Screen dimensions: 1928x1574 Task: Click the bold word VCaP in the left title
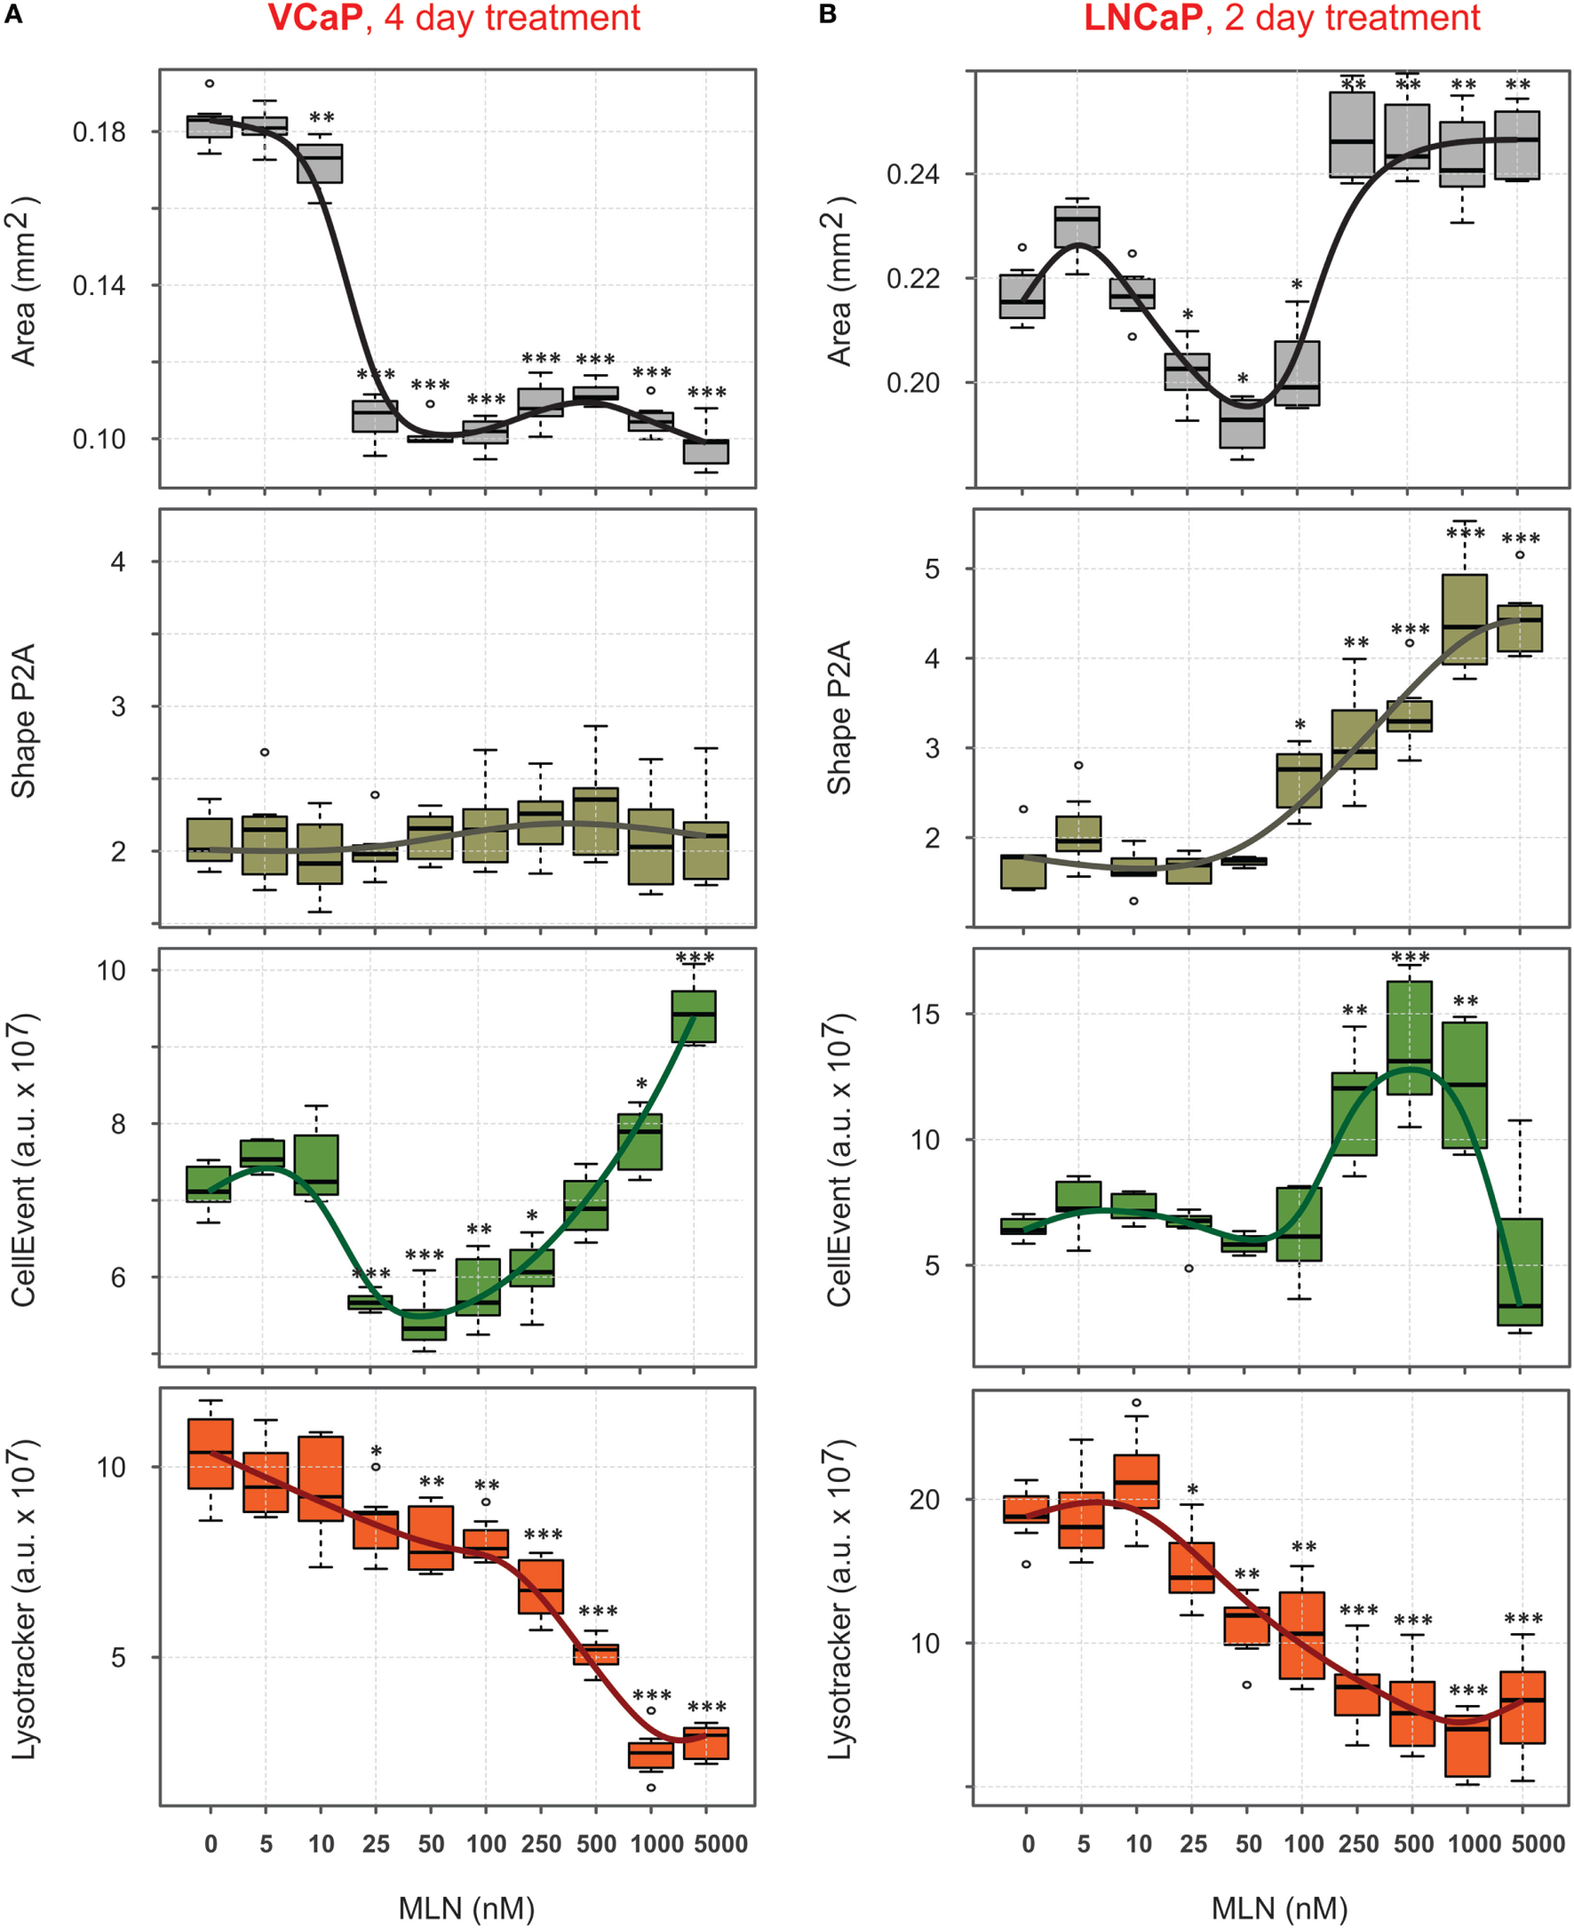314,18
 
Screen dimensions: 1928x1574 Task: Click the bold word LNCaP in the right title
1142,18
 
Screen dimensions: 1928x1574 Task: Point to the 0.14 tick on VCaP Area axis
99,286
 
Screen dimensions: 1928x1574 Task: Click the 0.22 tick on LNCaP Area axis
914,278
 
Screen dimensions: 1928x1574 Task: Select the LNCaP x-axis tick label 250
1357,1844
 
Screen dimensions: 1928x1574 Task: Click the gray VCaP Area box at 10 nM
320,163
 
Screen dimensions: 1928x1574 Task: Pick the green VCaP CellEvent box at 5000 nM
694,1016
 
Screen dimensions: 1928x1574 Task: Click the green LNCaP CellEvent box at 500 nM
1410,1038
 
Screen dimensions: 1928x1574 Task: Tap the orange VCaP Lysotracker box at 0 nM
211,1453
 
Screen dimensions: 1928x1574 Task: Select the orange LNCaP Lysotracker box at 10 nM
1136,1481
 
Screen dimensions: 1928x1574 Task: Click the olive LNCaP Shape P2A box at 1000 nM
1464,618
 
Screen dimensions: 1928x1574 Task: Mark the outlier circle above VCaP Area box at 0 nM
210,84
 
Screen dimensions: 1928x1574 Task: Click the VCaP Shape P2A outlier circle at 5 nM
265,752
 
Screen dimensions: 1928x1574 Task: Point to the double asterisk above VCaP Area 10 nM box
321,118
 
